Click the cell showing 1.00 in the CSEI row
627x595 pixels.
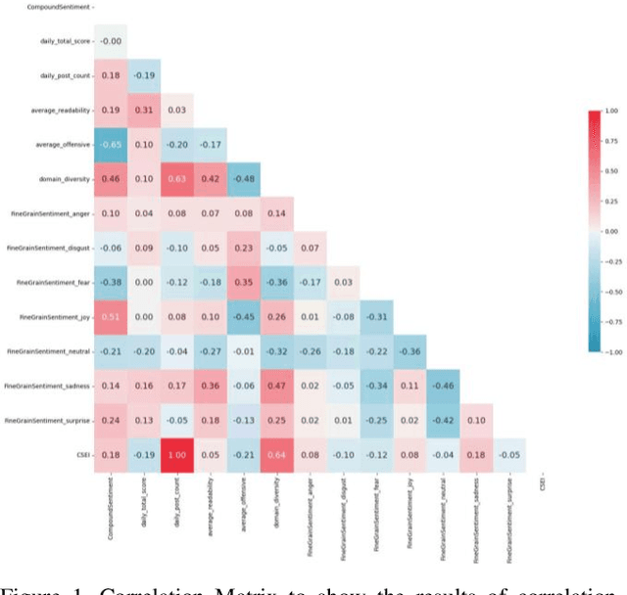pyautogui.click(x=178, y=454)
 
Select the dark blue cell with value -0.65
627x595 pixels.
pyautogui.click(x=112, y=145)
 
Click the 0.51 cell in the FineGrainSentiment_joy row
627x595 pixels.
pyautogui.click(x=112, y=317)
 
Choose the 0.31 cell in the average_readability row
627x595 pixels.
pyautogui.click(x=145, y=111)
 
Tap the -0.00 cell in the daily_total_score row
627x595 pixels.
pyautogui.click(x=112, y=41)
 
